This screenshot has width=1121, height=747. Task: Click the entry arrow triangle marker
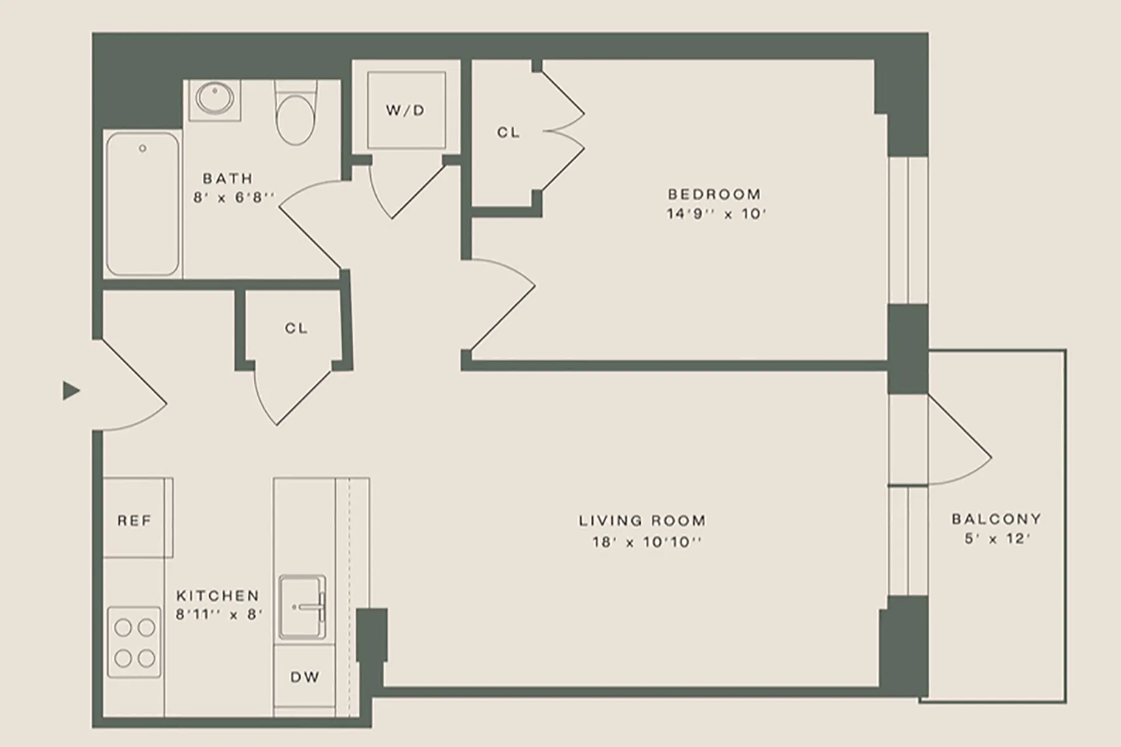[71, 391]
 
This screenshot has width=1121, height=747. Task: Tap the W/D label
[405, 111]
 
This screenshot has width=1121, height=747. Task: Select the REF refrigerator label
[135, 520]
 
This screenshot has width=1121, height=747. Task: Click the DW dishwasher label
[305, 677]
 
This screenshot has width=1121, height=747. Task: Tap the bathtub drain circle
[143, 149]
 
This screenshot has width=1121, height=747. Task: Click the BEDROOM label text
[714, 194]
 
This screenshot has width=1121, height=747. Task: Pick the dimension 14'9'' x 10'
[716, 214]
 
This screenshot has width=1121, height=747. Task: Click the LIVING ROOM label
[643, 520]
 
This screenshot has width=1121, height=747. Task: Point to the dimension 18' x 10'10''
[647, 542]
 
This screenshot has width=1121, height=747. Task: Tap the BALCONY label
[996, 519]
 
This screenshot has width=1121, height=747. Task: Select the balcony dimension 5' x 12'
[997, 538]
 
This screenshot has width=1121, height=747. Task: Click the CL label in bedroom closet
[508, 133]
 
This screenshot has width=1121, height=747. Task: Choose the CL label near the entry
[296, 328]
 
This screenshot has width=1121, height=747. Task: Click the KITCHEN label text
[217, 596]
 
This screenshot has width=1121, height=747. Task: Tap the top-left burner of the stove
[123, 627]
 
